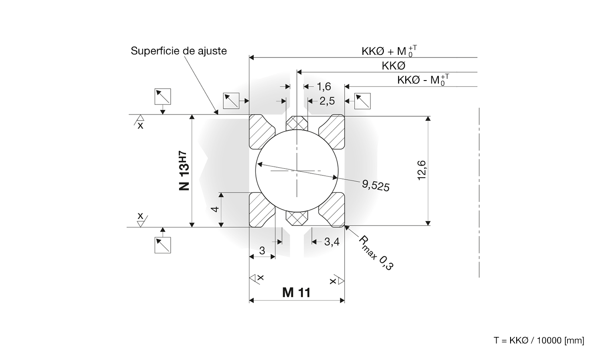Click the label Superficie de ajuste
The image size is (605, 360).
178,51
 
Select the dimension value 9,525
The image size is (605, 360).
375,185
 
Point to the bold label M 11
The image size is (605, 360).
296,293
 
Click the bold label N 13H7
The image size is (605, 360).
184,171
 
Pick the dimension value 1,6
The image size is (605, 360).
323,87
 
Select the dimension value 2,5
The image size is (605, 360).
327,101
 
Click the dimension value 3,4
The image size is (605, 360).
332,242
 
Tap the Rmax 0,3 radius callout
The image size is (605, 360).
376,253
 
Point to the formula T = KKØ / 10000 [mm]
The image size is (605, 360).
538,340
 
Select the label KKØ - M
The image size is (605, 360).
423,80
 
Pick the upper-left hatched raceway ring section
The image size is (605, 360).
262,131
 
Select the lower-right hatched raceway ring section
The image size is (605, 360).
332,210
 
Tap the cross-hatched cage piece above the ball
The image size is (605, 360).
297,123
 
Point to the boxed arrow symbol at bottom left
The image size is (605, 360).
163,245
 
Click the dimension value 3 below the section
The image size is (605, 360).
262,251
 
